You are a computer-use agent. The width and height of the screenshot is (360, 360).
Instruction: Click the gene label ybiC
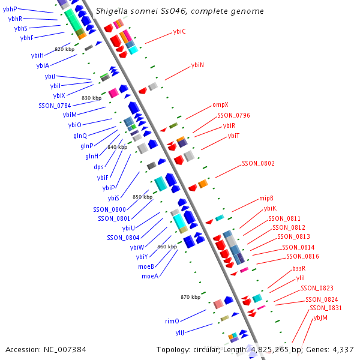179,31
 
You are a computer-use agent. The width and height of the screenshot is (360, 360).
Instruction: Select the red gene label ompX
220,104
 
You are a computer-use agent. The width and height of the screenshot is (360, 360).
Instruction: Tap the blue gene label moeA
150,276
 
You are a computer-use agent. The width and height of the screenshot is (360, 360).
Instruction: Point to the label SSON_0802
258,163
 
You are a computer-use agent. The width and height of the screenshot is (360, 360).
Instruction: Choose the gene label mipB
266,198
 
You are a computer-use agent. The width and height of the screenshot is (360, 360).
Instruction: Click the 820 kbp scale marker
64,49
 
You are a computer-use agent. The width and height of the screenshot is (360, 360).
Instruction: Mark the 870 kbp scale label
190,297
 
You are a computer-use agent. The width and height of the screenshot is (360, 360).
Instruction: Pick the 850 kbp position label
142,197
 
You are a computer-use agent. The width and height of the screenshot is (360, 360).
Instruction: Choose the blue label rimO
172,321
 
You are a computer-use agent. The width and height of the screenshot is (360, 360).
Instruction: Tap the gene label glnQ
80,136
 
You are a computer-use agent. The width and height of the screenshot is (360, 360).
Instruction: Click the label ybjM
320,317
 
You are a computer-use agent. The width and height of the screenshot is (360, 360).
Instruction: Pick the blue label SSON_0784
55,106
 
